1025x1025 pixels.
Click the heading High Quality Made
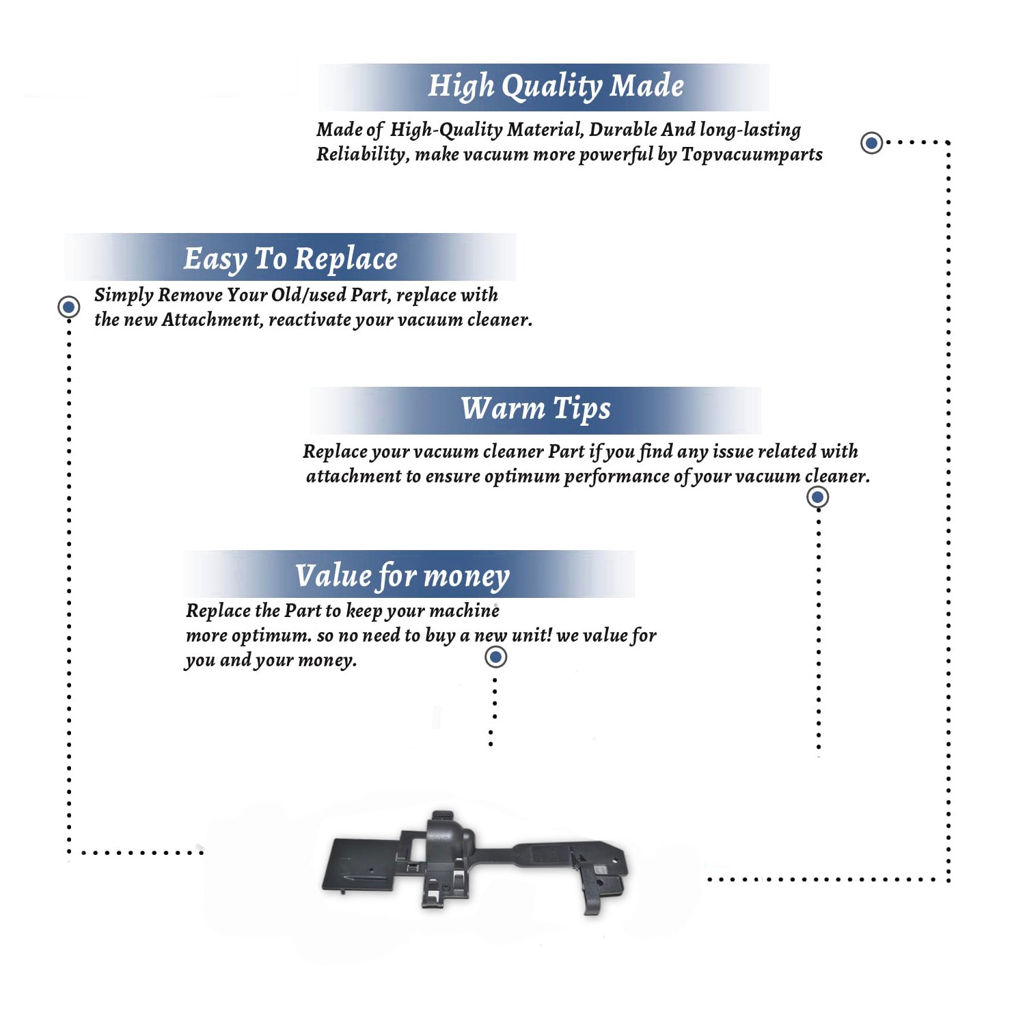coord(556,87)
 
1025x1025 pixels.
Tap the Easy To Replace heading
coord(290,259)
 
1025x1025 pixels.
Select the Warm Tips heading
coord(535,409)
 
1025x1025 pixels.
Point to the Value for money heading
coord(402,576)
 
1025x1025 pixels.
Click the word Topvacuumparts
coord(752,155)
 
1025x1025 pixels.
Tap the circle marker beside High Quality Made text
coord(871,143)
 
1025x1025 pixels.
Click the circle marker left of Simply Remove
coord(68,307)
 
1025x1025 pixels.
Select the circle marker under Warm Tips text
coord(818,497)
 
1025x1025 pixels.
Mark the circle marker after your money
coord(495,657)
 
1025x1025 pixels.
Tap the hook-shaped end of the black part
coord(601,886)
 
